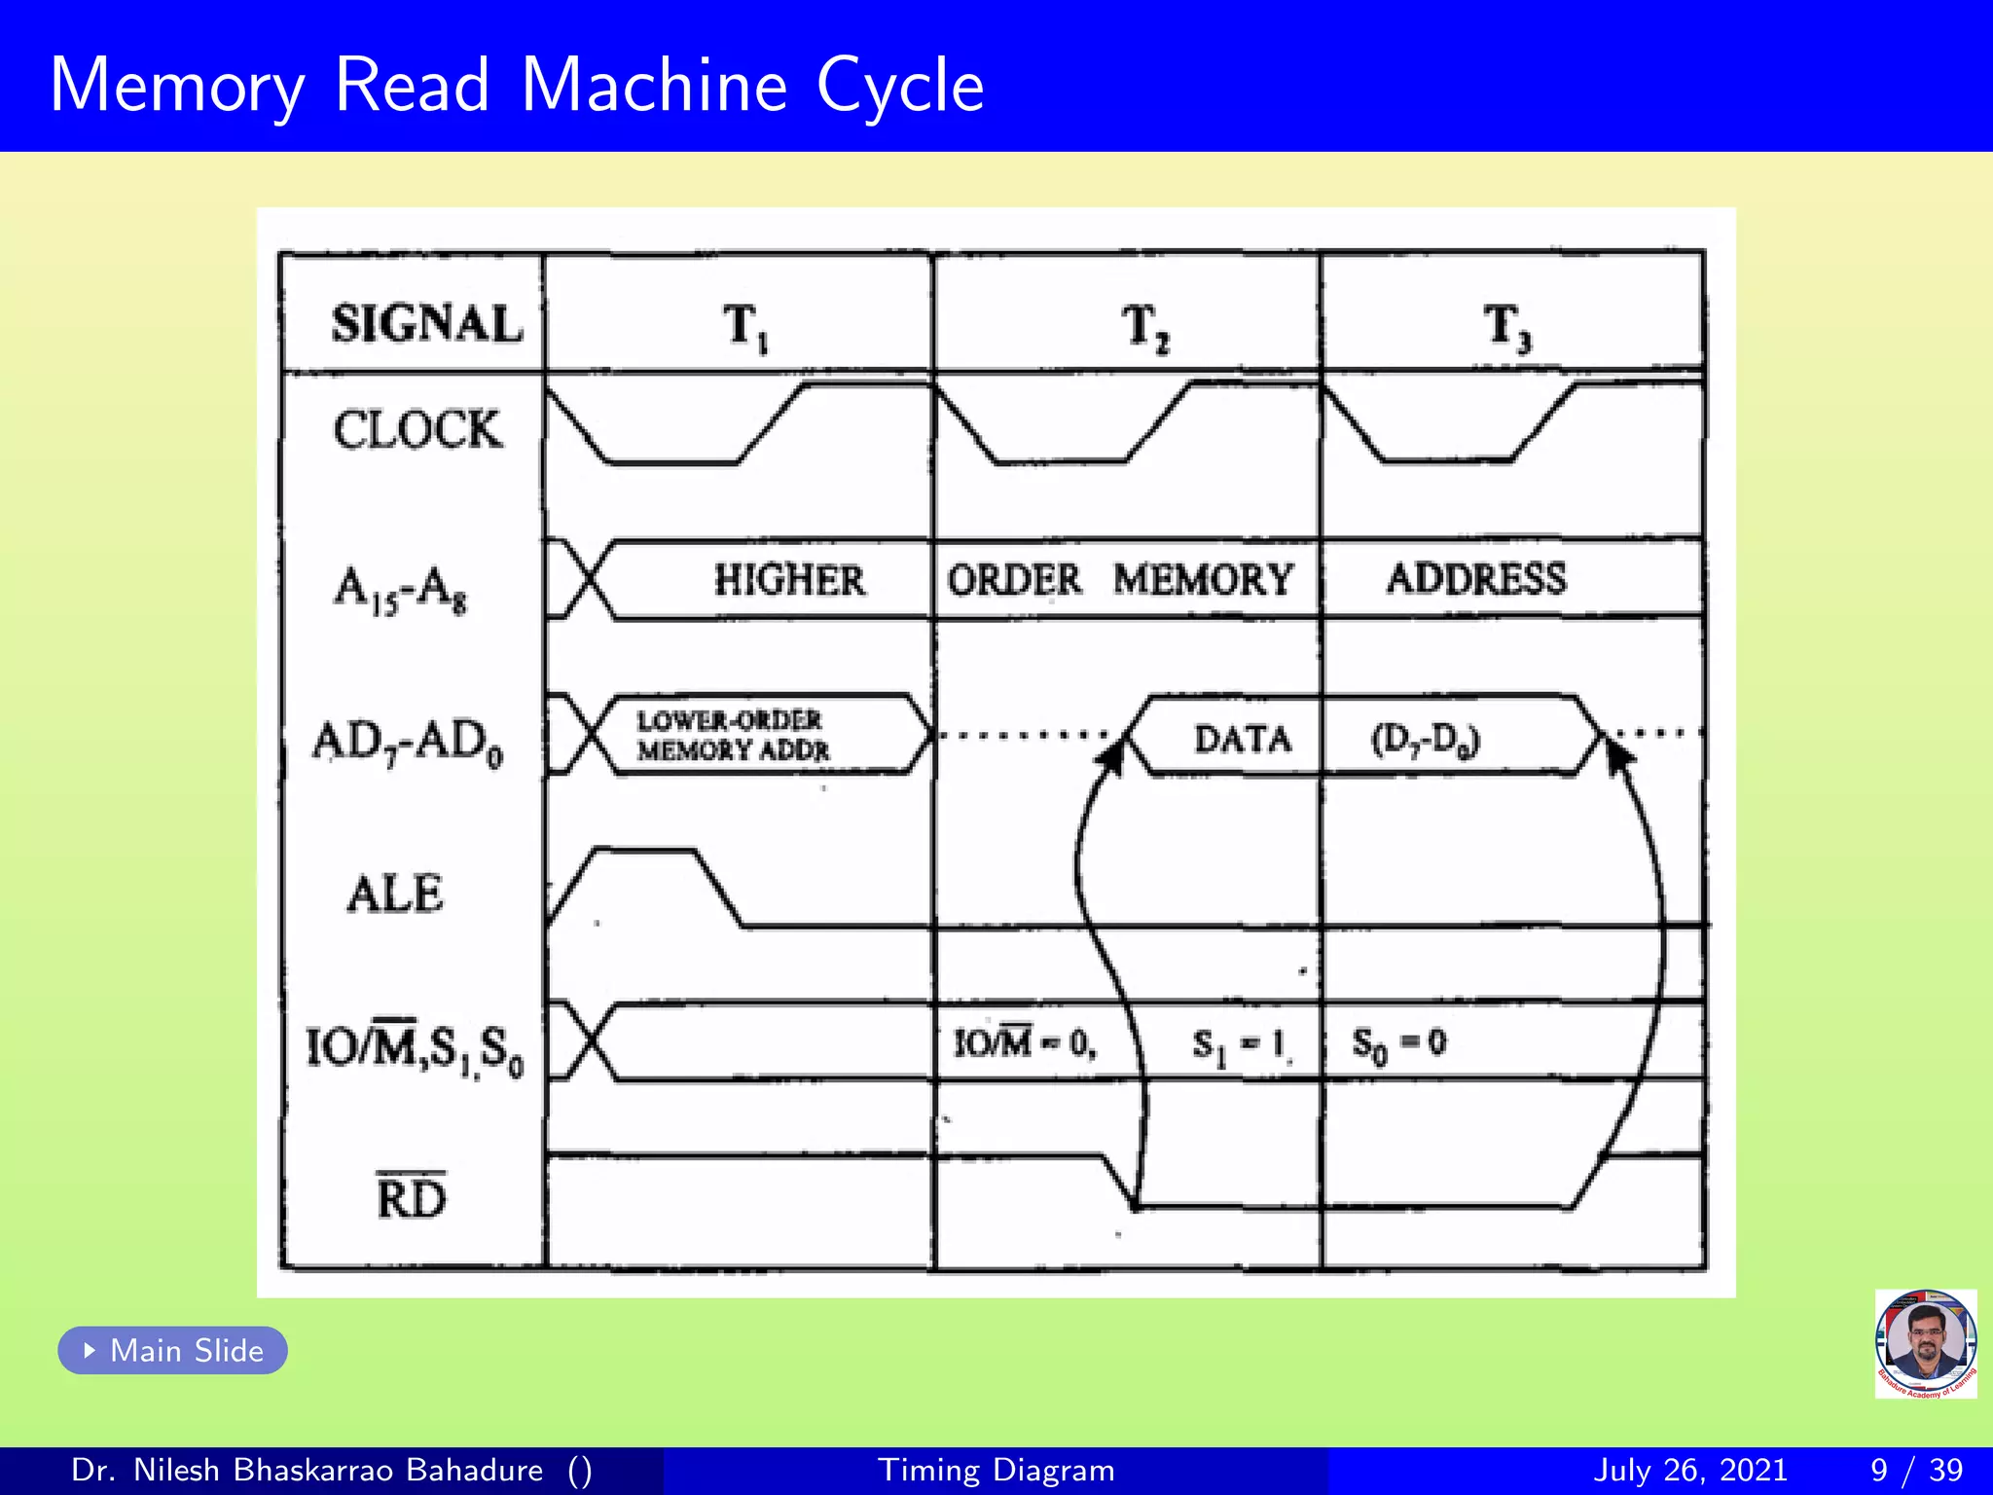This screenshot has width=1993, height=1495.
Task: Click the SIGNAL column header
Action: [426, 323]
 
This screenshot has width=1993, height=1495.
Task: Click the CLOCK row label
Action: [417, 429]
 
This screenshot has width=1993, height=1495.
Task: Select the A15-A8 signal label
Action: [400, 589]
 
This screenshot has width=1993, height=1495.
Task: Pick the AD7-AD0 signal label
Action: [408, 742]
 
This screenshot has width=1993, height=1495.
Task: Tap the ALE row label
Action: [395, 893]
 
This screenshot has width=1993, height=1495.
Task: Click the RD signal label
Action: [411, 1197]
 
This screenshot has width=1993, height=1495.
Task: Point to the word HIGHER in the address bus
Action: [788, 580]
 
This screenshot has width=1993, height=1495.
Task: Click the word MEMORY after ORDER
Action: [1203, 580]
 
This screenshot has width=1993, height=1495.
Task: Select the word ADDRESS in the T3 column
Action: [1476, 579]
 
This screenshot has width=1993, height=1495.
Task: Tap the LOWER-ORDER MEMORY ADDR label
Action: [732, 736]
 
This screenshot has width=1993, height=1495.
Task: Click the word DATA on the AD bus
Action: [1242, 740]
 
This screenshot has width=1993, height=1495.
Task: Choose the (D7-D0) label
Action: [1425, 741]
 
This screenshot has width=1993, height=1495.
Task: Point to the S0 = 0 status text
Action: [1398, 1044]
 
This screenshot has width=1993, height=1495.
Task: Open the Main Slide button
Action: [173, 1350]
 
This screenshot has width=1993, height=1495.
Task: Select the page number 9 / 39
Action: [1915, 1470]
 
